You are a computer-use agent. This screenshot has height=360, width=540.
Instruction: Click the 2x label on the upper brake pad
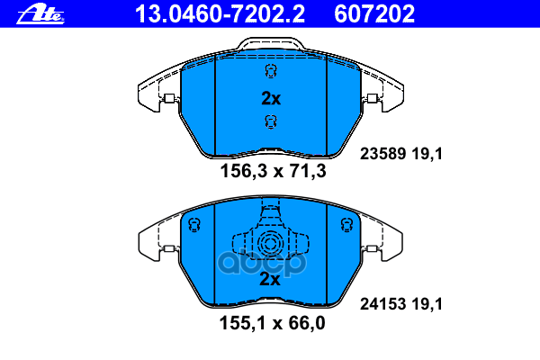click(x=270, y=99)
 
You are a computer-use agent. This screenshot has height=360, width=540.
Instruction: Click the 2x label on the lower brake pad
click(x=270, y=280)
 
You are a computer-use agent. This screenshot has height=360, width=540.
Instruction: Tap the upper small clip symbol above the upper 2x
click(x=269, y=74)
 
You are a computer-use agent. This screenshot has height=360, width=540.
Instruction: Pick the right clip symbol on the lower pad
click(x=343, y=225)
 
